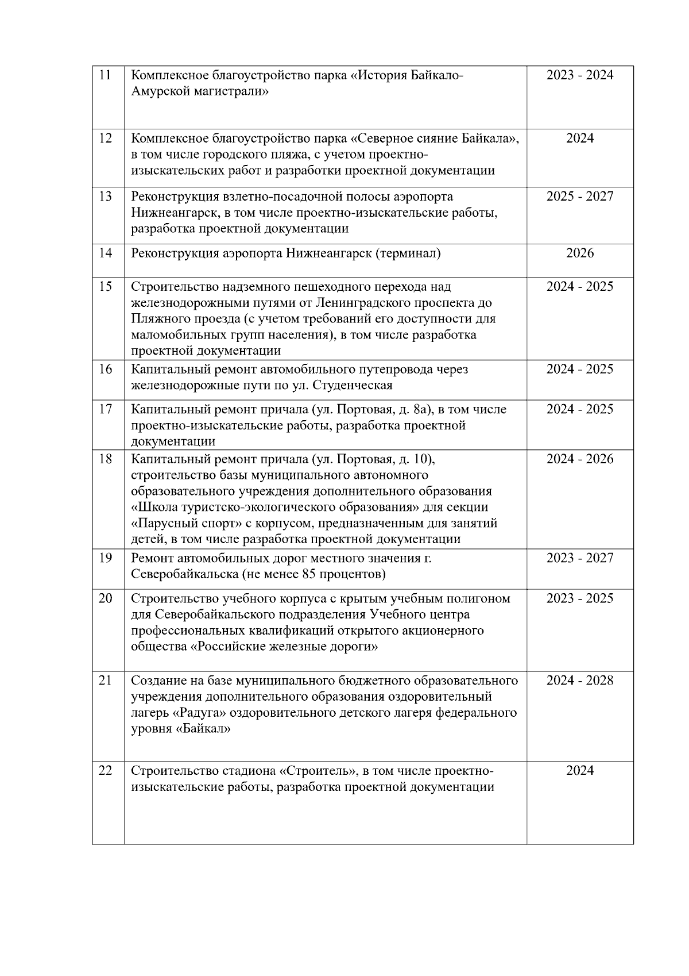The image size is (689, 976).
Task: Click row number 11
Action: click(105, 75)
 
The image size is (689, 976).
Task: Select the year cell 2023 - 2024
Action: click(580, 75)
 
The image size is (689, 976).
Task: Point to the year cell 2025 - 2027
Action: click(580, 197)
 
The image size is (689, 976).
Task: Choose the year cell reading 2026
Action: click(580, 253)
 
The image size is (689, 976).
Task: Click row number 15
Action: click(105, 286)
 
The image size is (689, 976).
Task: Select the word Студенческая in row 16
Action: click(353, 385)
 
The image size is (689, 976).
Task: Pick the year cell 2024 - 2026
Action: click(580, 459)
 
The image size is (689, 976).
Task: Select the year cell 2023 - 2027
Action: click(580, 558)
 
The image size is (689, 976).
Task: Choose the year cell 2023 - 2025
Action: click(580, 598)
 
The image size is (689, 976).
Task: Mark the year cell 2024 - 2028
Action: click(580, 681)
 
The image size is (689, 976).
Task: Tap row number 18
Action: click(105, 459)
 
